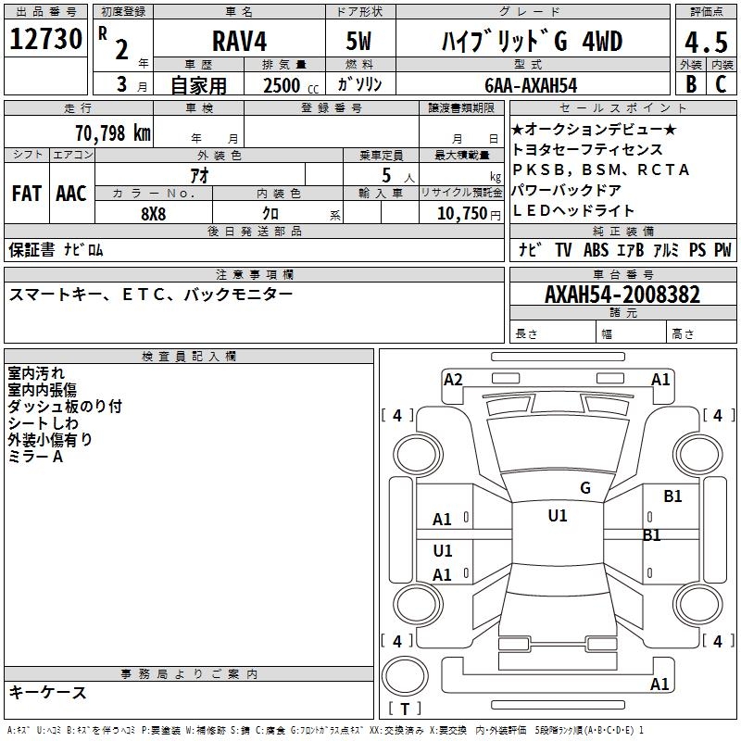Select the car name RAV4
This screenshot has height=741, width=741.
238,42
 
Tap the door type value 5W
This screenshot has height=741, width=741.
361,42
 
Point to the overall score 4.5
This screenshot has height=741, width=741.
705,43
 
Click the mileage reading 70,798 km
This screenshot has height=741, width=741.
113,132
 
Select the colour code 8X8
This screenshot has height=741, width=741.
154,212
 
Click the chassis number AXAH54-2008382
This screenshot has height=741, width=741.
622,295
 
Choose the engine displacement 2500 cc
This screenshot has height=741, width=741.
283,85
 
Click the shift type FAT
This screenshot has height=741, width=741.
26,194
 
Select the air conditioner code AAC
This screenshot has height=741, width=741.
71,194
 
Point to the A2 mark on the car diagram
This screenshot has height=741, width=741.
453,379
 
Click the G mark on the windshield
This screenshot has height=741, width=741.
584,488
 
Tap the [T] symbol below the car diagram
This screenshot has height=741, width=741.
405,709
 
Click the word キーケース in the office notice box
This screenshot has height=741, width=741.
47,693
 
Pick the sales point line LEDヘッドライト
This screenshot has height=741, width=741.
573,210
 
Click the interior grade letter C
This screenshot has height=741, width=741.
721,84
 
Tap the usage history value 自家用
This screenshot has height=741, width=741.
197,85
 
